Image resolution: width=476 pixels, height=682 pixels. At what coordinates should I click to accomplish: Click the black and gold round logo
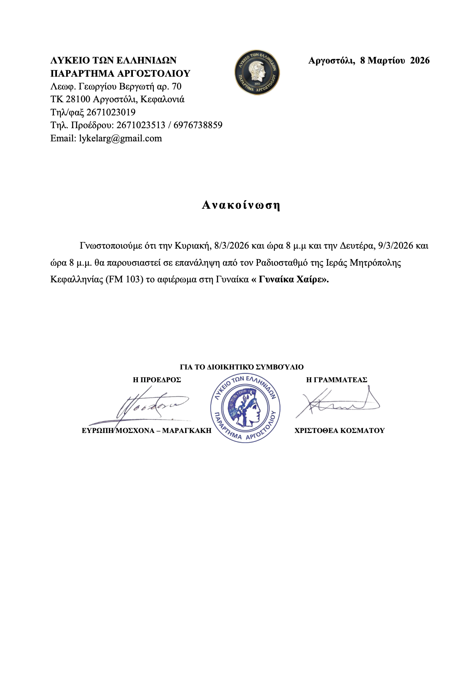pos(257,72)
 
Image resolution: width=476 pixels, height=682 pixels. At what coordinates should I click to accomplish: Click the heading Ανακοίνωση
pos(241,205)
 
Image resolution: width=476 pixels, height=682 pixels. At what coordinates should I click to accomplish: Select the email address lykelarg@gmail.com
pos(120,138)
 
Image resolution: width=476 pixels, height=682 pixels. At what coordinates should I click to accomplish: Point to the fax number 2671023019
pos(111,112)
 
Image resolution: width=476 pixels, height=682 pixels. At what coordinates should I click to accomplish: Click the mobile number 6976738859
pos(198,125)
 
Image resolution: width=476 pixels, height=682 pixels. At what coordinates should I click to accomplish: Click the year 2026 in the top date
pos(420,60)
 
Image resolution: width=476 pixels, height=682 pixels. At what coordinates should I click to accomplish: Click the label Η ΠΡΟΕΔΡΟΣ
pos(157,380)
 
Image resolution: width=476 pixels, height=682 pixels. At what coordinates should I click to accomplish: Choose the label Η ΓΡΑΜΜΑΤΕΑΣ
pos(337,380)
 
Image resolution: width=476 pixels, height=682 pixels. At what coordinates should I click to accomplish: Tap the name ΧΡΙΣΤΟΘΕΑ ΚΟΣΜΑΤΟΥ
pos(339,431)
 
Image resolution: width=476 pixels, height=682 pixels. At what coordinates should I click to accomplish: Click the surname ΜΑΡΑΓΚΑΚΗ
pos(187,431)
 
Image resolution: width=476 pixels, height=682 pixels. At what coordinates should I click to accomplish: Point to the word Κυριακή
pos(192,246)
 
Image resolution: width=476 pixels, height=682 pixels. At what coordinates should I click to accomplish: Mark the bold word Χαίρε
pos(309,279)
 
